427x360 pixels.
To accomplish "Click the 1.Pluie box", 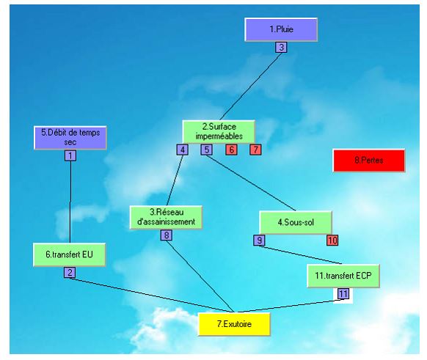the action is coord(281,29).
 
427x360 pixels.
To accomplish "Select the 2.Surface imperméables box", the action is coord(219,131).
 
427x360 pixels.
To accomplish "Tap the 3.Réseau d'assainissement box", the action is coord(166,218).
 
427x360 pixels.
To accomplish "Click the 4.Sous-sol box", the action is coord(296,222).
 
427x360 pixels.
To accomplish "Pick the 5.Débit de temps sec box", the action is coord(70,138).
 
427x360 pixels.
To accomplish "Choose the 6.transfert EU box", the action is coord(69,254).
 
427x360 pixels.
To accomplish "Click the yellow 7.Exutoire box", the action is coord(234,324).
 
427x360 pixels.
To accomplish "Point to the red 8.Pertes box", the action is coord(369,161).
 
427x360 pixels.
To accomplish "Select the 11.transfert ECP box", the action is coord(343,276).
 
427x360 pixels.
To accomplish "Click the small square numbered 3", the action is coord(281,48).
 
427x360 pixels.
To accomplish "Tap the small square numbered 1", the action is coord(70,155).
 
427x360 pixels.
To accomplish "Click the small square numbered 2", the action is coord(70,272).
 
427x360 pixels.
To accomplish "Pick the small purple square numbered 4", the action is coord(183,150).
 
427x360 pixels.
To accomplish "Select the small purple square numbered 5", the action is coord(207,150).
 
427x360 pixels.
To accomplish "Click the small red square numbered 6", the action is coord(231,150).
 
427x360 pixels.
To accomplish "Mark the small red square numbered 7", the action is coord(255,150).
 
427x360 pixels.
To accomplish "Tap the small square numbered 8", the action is coord(167,235).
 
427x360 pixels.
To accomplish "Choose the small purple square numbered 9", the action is coord(259,240).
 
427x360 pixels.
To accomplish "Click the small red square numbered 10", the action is coord(332,240).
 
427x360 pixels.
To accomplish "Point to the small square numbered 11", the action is coord(343,294).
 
